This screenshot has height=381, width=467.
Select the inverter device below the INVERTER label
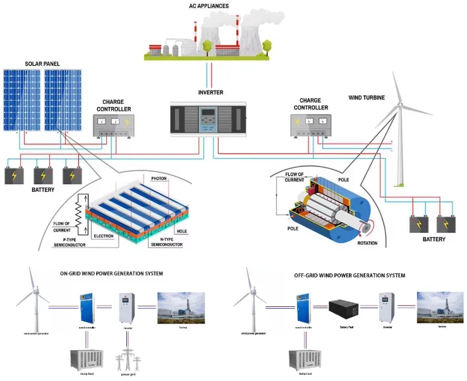pos(210,118)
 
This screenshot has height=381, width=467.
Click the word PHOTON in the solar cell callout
pos(159,178)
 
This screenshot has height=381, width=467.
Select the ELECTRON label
pos(104,235)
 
